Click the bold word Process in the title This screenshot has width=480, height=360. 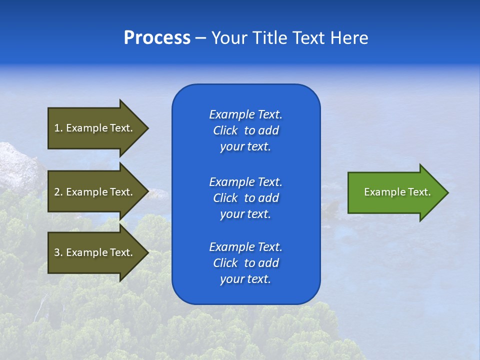pyautogui.click(x=157, y=38)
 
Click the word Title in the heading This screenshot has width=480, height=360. pyautogui.click(x=268, y=38)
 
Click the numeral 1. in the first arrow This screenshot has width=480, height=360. pyautogui.click(x=58, y=128)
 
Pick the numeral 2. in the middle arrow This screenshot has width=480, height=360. pyautogui.click(x=58, y=192)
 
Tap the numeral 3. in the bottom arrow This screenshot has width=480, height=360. pyautogui.click(x=58, y=252)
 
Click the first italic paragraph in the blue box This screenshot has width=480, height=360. pyautogui.click(x=245, y=130)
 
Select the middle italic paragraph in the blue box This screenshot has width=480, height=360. pyautogui.click(x=245, y=197)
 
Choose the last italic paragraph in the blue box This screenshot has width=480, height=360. pyautogui.click(x=245, y=263)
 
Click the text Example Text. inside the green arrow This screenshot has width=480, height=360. pyautogui.click(x=397, y=192)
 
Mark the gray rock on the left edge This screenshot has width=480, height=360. pyautogui.click(x=17, y=165)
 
